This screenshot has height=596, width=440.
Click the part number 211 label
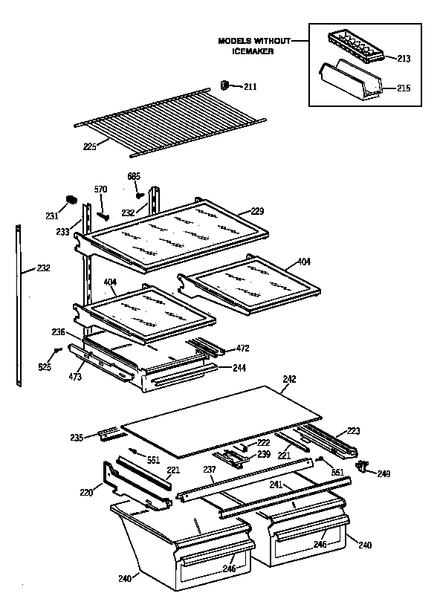pos(250,87)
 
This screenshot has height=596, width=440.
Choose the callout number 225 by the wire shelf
pos(91,147)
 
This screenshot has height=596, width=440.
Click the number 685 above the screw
pos(134,176)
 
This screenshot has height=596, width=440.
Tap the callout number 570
pos(101,190)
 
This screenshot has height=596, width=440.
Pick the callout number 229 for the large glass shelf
pos(256,212)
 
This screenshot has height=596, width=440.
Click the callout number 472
pos(242,348)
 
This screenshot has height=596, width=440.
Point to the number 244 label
pos(238,368)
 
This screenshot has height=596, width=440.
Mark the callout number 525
pos(45,367)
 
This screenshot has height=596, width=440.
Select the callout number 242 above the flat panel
pos(290,379)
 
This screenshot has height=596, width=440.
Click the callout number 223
pos(354,431)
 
